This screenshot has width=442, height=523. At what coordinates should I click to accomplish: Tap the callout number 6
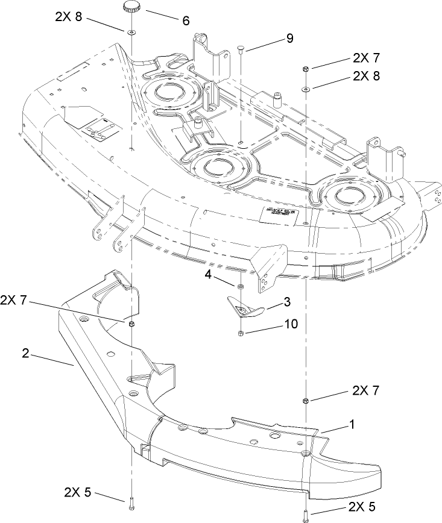pos(185,20)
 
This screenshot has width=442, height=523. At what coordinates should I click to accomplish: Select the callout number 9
pos(289,39)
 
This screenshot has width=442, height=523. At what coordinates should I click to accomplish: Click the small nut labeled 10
pos(241,333)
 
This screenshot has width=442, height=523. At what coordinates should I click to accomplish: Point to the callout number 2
pos(25,354)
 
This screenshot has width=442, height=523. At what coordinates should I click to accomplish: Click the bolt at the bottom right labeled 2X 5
pos(306,515)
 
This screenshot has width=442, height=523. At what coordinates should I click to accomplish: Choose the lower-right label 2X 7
pos(365,390)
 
